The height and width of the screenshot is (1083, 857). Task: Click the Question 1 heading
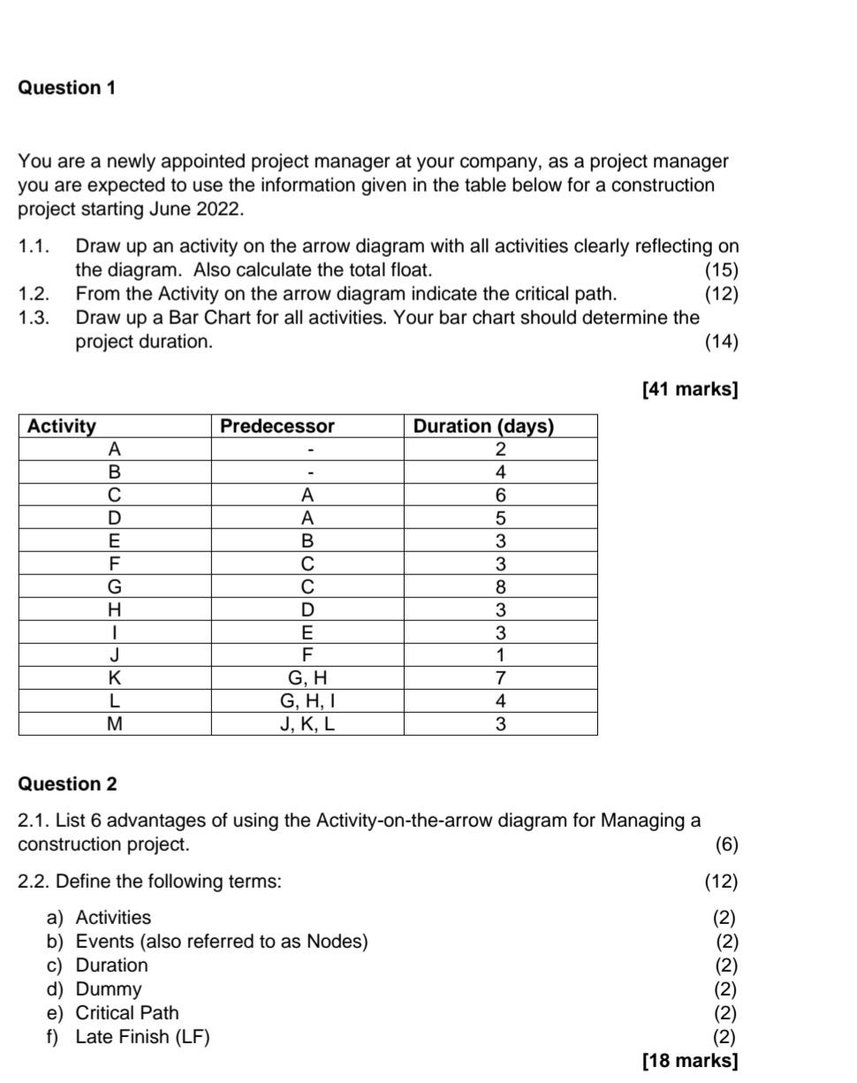click(x=67, y=88)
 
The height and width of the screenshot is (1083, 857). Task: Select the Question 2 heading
click(x=67, y=784)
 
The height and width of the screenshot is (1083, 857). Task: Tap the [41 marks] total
click(x=690, y=389)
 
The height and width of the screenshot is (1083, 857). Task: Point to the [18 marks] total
click(x=690, y=1060)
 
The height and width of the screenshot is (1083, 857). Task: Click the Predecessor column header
click(x=277, y=427)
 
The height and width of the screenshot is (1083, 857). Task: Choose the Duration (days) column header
click(x=483, y=427)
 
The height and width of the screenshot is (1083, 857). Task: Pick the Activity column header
click(x=62, y=427)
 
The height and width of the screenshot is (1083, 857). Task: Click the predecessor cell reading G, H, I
click(x=307, y=702)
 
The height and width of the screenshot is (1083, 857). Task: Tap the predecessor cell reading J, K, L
click(x=307, y=725)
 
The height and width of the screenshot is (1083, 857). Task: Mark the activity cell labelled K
click(x=114, y=679)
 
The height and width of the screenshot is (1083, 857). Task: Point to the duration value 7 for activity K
click(x=500, y=679)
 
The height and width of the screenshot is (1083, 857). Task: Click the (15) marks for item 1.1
click(x=721, y=270)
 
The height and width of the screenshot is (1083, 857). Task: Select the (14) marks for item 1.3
click(x=721, y=342)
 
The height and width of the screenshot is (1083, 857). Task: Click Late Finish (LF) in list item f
click(x=142, y=1037)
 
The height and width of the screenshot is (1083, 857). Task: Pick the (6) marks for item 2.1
click(x=726, y=844)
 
